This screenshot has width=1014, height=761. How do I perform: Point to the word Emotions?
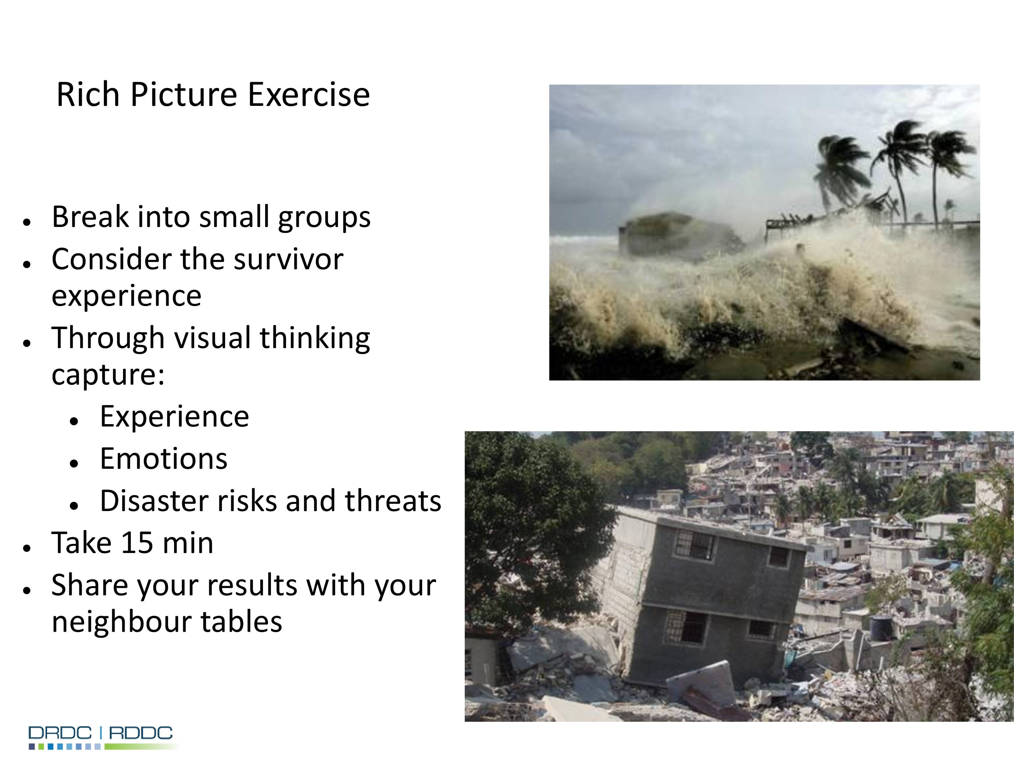click(x=164, y=459)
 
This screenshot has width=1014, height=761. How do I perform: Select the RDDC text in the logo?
click(x=141, y=733)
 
